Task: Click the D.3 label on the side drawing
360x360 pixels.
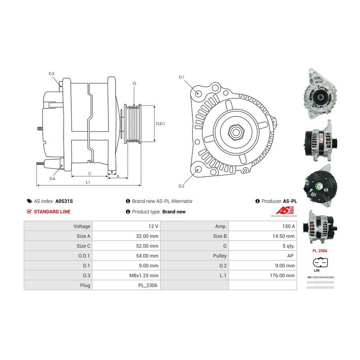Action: click(52, 74)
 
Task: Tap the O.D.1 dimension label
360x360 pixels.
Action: click(160, 124)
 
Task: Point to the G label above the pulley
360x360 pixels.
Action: click(134, 83)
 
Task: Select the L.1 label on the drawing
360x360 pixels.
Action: click(88, 182)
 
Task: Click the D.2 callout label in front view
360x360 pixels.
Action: click(181, 186)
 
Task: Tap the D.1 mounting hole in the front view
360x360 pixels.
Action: click(199, 93)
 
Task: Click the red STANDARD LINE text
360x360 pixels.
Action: click(52, 212)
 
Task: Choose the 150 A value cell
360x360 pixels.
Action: click(289, 226)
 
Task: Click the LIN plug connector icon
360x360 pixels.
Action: click(320, 263)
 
